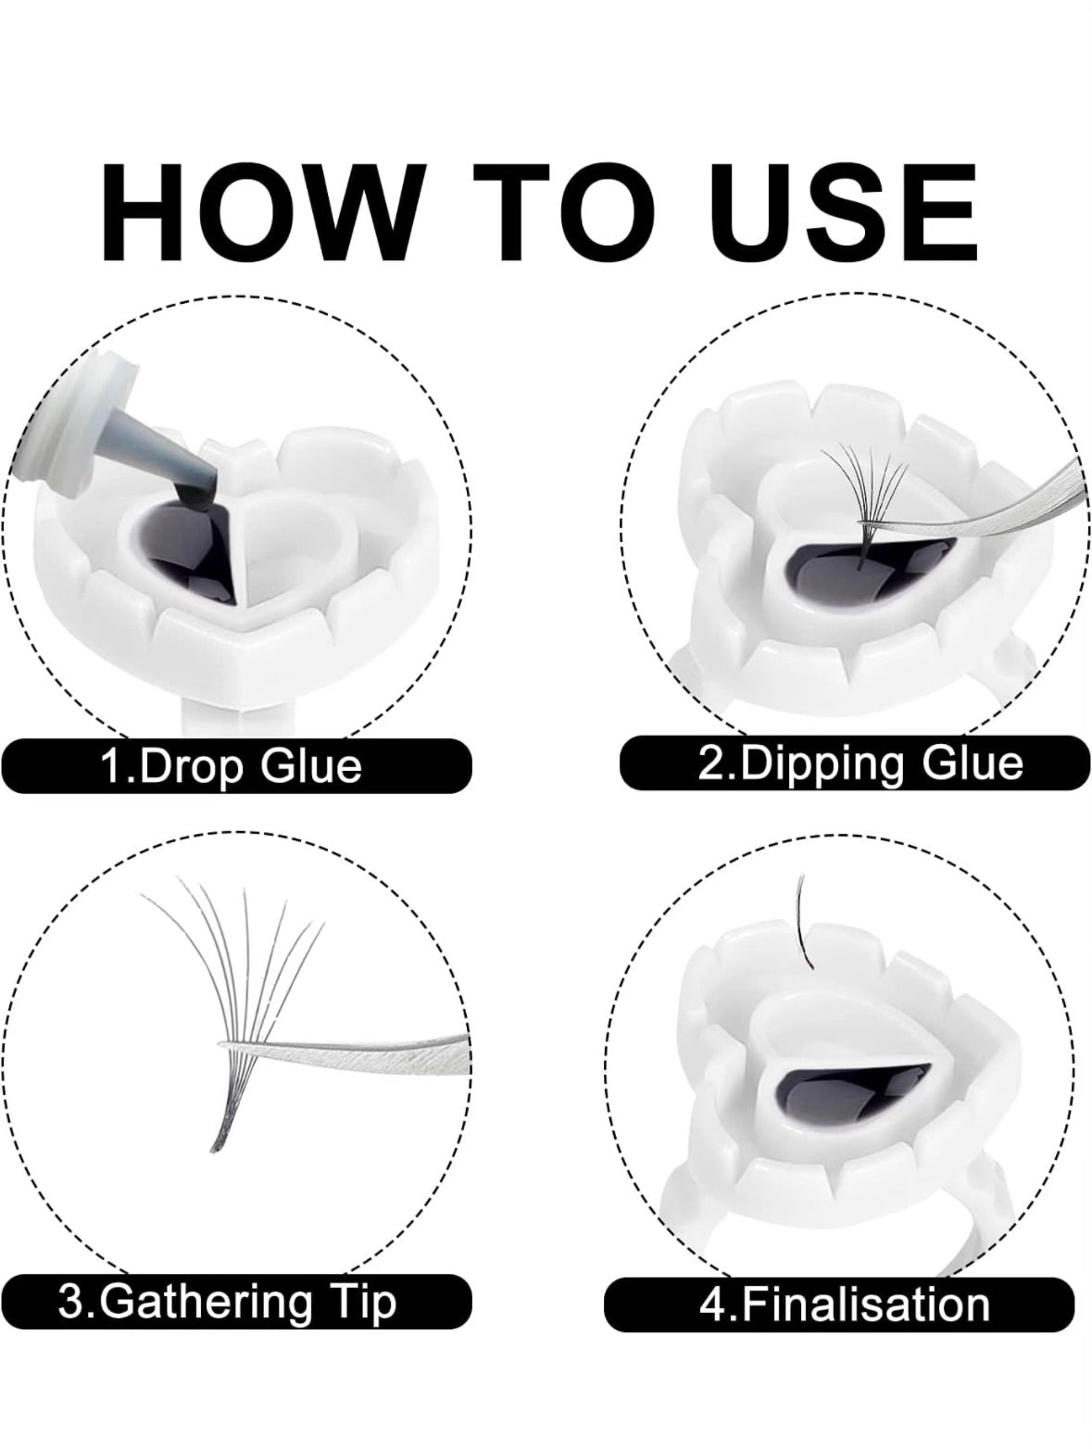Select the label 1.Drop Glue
(232, 767)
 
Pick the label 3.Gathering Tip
(227, 1301)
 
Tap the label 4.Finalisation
(844, 1304)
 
